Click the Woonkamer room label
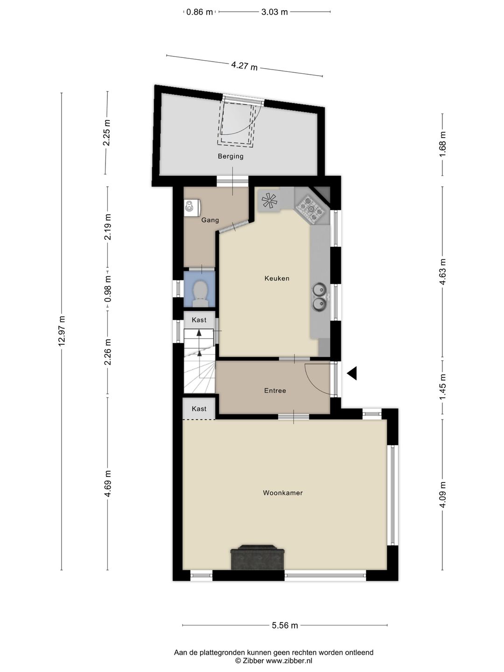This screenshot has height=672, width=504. tap(283, 493)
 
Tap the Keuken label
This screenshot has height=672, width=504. tap(277, 279)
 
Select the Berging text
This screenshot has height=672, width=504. tap(231, 156)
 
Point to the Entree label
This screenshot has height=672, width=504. tap(275, 391)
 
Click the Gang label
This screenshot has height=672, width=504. tap(210, 220)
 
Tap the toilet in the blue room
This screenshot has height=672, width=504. tap(200, 293)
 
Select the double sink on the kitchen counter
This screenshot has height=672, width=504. tap(320, 297)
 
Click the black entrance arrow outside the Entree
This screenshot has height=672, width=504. tap(352, 373)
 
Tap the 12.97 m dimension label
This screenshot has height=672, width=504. tap(62, 331)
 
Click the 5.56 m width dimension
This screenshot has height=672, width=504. tap(285, 625)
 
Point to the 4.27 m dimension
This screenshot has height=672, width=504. tap(245, 66)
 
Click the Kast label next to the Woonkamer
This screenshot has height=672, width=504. tap(199, 409)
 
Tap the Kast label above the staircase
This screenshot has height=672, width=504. tap(199, 320)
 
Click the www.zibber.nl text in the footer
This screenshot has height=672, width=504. tap(289, 661)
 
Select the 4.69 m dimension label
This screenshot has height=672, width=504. tap(107, 484)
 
